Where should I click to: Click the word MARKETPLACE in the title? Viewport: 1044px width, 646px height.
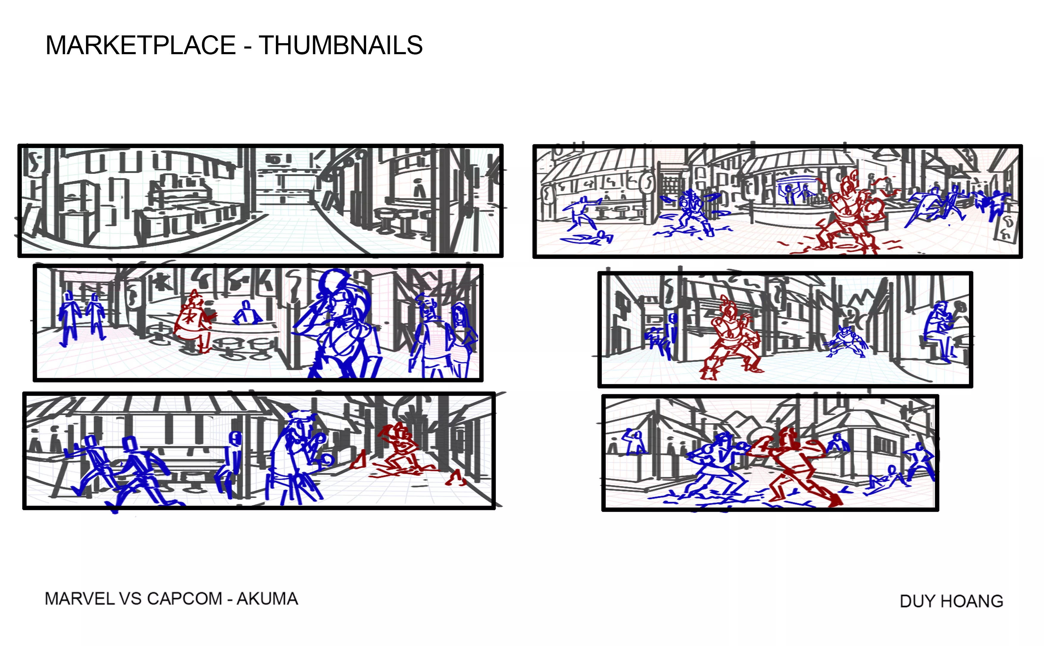(140, 45)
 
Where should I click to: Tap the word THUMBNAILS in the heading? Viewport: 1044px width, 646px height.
(340, 45)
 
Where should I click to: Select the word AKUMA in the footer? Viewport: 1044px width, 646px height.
(267, 599)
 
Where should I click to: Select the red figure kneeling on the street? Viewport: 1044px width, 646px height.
(399, 449)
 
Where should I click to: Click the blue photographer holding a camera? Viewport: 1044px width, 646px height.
(299, 457)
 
